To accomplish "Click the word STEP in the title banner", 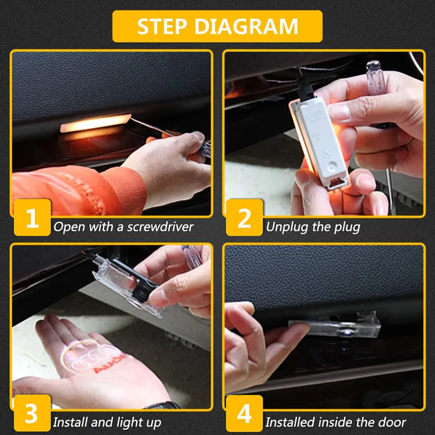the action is click(161, 26).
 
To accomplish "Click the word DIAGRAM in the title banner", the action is click(246, 26).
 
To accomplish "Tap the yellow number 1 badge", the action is click(32, 217).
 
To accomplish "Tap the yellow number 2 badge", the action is click(244, 217).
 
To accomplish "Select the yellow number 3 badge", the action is click(32, 413).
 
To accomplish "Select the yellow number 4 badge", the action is click(244, 413).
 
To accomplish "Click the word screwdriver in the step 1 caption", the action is click(160, 227).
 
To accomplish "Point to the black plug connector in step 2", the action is click(304, 86).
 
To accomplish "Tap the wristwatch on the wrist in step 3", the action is click(162, 405).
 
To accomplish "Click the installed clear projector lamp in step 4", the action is click(335, 325).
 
